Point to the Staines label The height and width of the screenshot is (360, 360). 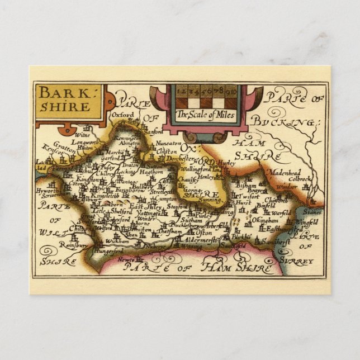(312, 212)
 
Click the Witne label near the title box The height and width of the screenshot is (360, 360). (82, 135)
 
